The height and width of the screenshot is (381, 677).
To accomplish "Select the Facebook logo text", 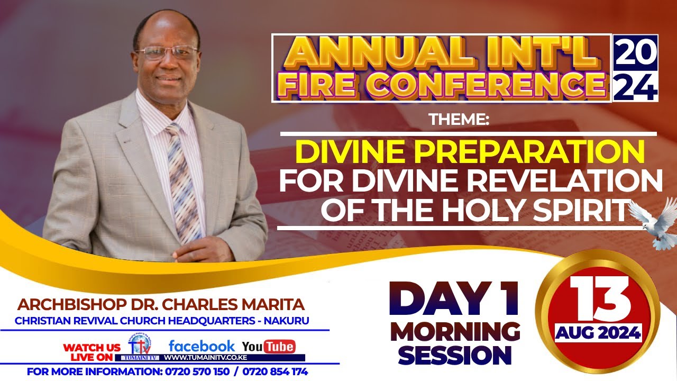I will pyautogui.click(x=202, y=346).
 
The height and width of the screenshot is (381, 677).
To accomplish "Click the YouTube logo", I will pyautogui.click(x=269, y=347).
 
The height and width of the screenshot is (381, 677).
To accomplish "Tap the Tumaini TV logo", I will pyautogui.click(x=140, y=347).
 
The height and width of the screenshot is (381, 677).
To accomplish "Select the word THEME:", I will pyautogui.click(x=459, y=120).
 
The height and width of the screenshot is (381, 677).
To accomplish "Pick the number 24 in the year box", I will pyautogui.click(x=635, y=86).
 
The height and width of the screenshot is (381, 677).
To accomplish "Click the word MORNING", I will pyautogui.click(x=455, y=332).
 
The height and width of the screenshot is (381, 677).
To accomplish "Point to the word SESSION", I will pyautogui.click(x=455, y=356).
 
